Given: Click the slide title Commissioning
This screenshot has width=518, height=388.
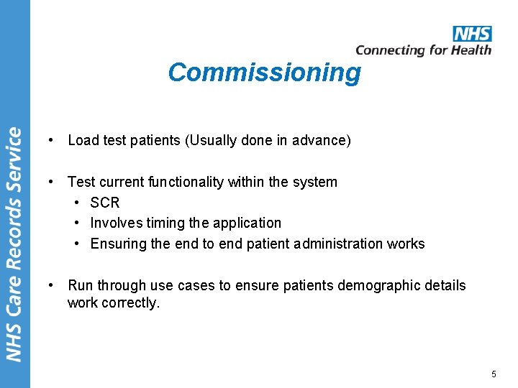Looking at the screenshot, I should coord(264,73).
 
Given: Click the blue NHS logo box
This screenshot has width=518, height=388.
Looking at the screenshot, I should coord(472,34).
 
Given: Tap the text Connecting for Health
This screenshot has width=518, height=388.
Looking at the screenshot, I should coord(423,50).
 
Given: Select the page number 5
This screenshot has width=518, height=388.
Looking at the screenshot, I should coord(494,374).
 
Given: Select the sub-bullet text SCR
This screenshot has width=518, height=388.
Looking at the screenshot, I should coord(105,203).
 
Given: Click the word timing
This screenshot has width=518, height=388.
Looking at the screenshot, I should coord(165,223).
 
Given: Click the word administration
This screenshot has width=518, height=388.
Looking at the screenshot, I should coord(336,244).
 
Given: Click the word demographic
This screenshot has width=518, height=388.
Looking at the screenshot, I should coord(371,285).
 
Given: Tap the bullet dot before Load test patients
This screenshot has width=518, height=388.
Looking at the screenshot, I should coord(47,140).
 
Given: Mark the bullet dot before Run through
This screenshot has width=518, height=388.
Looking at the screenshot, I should coord(47,285).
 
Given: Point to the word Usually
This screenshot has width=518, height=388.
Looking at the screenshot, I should coord(212,140).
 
